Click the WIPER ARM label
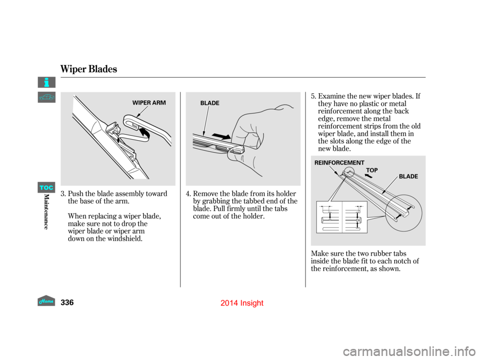coord(149,102)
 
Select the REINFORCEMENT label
coord(339,163)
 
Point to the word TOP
coord(372,170)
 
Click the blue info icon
coord(46,82)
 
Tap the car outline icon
coord(46,98)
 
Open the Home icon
coord(46,301)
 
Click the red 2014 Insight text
coord(242,303)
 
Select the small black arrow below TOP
coord(369,177)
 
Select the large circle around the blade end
coord(403,211)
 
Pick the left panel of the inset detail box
coord(329,217)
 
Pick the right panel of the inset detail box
coord(355,217)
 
